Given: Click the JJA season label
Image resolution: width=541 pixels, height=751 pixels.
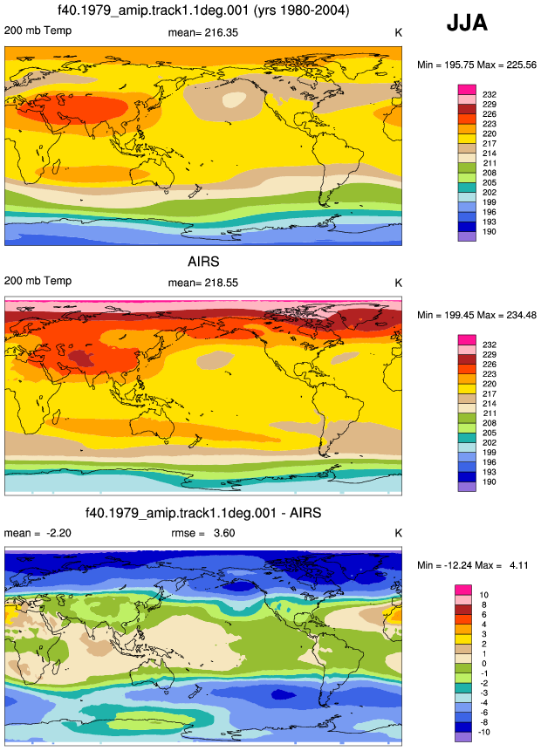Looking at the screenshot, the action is tap(467, 23).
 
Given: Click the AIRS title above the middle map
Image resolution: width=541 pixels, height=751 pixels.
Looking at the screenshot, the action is tap(203, 262).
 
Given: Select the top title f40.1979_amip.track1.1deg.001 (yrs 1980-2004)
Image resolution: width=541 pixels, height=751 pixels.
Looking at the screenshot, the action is tap(203, 10).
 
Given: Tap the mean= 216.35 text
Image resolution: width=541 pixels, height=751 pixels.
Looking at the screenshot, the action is tap(202, 32).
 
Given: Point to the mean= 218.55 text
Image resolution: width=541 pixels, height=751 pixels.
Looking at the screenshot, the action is tap(202, 283).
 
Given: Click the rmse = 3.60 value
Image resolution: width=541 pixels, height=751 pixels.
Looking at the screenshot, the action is tap(203, 533).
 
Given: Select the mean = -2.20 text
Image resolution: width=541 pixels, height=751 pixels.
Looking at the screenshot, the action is tap(38, 533).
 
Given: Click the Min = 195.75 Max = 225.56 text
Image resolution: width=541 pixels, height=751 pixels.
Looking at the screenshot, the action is tap(476, 65).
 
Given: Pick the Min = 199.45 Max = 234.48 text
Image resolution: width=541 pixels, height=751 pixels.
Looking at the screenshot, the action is tap(476, 315).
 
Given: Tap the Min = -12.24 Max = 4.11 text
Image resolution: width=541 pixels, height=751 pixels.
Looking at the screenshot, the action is tap(472, 565).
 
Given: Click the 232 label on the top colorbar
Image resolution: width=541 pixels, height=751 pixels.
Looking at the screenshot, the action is tap(490, 94).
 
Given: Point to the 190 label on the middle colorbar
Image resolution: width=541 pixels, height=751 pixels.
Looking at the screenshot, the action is tap(490, 481).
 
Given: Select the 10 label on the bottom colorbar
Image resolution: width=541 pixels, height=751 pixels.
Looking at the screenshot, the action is tap(484, 595).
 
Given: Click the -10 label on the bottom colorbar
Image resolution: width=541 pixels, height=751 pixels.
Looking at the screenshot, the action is tap(484, 732).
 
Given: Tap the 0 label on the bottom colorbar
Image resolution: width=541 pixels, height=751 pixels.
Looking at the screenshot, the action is tap(484, 664).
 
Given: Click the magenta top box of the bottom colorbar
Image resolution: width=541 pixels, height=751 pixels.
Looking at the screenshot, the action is tap(462, 590).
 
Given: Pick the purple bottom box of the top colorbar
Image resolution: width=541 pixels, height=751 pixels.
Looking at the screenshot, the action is tap(467, 236).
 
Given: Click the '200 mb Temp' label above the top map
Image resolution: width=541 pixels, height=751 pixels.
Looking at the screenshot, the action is tap(38, 31).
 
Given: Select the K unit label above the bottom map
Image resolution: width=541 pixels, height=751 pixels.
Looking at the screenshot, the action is tap(398, 533).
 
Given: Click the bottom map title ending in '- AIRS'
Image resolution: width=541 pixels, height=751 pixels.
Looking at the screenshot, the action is tap(203, 513).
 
